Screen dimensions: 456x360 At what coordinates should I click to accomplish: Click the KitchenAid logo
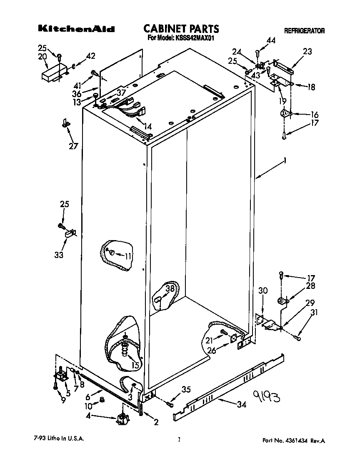(76, 29)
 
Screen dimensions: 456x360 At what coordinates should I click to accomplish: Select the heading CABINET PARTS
(181, 28)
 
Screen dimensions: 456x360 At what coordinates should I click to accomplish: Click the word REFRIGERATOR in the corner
(304, 31)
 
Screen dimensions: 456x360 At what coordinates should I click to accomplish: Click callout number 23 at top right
(307, 52)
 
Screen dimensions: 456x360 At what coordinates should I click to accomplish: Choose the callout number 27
(74, 145)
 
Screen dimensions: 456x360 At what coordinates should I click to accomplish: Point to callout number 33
(59, 255)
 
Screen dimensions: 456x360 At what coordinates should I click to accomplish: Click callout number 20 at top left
(42, 57)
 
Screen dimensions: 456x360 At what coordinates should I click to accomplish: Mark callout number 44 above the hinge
(271, 40)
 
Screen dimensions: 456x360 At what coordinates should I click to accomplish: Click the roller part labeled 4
(122, 419)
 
